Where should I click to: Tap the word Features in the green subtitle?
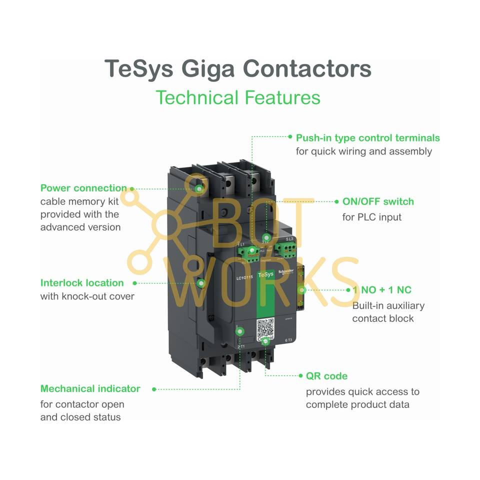coord(282,97)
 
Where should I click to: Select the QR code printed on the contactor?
coord(266,328)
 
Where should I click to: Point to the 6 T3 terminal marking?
coord(288,340)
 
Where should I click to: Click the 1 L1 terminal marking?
coord(241,244)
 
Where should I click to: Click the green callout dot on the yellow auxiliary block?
coord(301,290)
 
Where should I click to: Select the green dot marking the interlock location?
coord(201,283)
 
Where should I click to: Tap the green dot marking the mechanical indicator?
coord(240,331)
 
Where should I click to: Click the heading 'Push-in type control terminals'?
coord(367,137)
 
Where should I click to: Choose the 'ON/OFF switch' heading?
coord(378,201)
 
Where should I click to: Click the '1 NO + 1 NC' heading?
coord(382,290)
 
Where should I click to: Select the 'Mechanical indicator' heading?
coord(90,388)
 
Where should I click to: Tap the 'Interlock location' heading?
coord(82,283)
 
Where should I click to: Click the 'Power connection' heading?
coord(83,188)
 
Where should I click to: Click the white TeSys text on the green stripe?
coord(265,274)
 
